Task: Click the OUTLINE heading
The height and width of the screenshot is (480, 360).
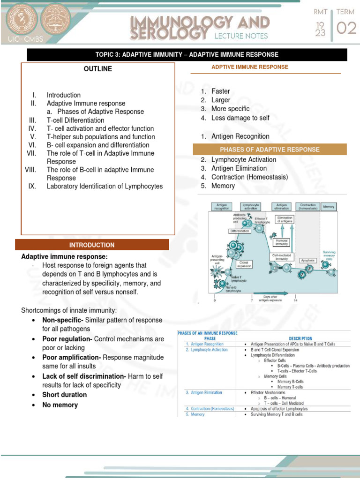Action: pyautogui.click(x=97, y=69)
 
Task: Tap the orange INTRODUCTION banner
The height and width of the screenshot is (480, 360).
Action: pyautogui.click(x=92, y=245)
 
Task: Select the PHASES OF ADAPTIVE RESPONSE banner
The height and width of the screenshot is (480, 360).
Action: pyautogui.click(x=270, y=150)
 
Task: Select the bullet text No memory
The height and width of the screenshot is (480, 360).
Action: pyautogui.click(x=60, y=405)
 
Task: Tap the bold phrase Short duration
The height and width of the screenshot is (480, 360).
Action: pyautogui.click(x=64, y=395)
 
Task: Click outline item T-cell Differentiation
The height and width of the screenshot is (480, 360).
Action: pyautogui.click(x=75, y=120)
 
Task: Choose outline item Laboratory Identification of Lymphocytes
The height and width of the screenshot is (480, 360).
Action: pyautogui.click(x=105, y=186)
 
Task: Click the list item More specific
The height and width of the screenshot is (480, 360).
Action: pyautogui.click(x=230, y=109)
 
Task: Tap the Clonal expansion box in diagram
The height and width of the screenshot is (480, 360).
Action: pyautogui.click(x=244, y=264)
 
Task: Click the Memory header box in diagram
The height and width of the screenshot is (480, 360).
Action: pyautogui.click(x=329, y=206)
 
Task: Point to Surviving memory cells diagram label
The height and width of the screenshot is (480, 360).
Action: pyautogui.click(x=329, y=255)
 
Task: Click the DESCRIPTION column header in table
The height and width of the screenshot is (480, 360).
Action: pyautogui.click(x=300, y=338)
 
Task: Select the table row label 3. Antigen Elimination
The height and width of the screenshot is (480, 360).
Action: pyautogui.click(x=203, y=392)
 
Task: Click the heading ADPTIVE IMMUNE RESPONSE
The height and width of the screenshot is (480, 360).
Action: pyautogui.click(x=250, y=67)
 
